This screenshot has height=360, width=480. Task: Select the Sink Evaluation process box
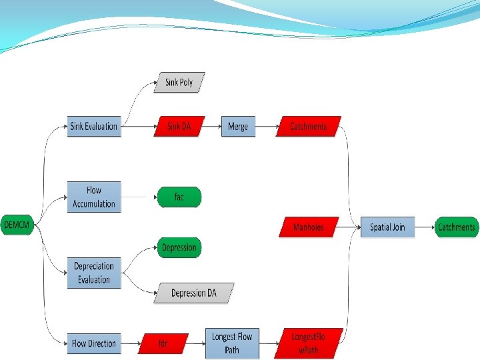pyautogui.click(x=94, y=126)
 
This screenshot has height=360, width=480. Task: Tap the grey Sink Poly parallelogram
pyautogui.click(x=179, y=83)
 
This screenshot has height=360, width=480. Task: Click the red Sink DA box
pyautogui.click(x=179, y=126)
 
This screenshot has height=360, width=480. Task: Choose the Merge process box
pyautogui.click(x=238, y=126)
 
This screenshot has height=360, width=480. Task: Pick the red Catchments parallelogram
pyautogui.click(x=308, y=126)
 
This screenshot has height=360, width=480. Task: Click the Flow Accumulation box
pyautogui.click(x=94, y=197)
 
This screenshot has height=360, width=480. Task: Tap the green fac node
pyautogui.click(x=179, y=197)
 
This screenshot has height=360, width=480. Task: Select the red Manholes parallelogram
pyautogui.click(x=308, y=227)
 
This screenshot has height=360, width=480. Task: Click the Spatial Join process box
pyautogui.click(x=387, y=227)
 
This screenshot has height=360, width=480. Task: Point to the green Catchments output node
pyautogui.click(x=457, y=227)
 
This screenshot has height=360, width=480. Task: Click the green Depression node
pyautogui.click(x=179, y=248)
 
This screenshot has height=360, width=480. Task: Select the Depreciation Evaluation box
pyautogui.click(x=94, y=273)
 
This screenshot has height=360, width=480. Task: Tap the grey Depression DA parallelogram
pyautogui.click(x=194, y=293)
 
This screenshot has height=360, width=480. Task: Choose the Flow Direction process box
pyautogui.click(x=94, y=343)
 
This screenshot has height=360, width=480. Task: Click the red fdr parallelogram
pyautogui.click(x=163, y=343)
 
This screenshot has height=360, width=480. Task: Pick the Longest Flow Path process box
pyautogui.click(x=231, y=343)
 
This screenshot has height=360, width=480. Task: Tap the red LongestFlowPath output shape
pyautogui.click(x=308, y=343)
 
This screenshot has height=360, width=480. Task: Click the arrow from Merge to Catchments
pyautogui.click(x=265, y=126)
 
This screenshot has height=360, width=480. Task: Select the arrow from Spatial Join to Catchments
pyautogui.click(x=424, y=227)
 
